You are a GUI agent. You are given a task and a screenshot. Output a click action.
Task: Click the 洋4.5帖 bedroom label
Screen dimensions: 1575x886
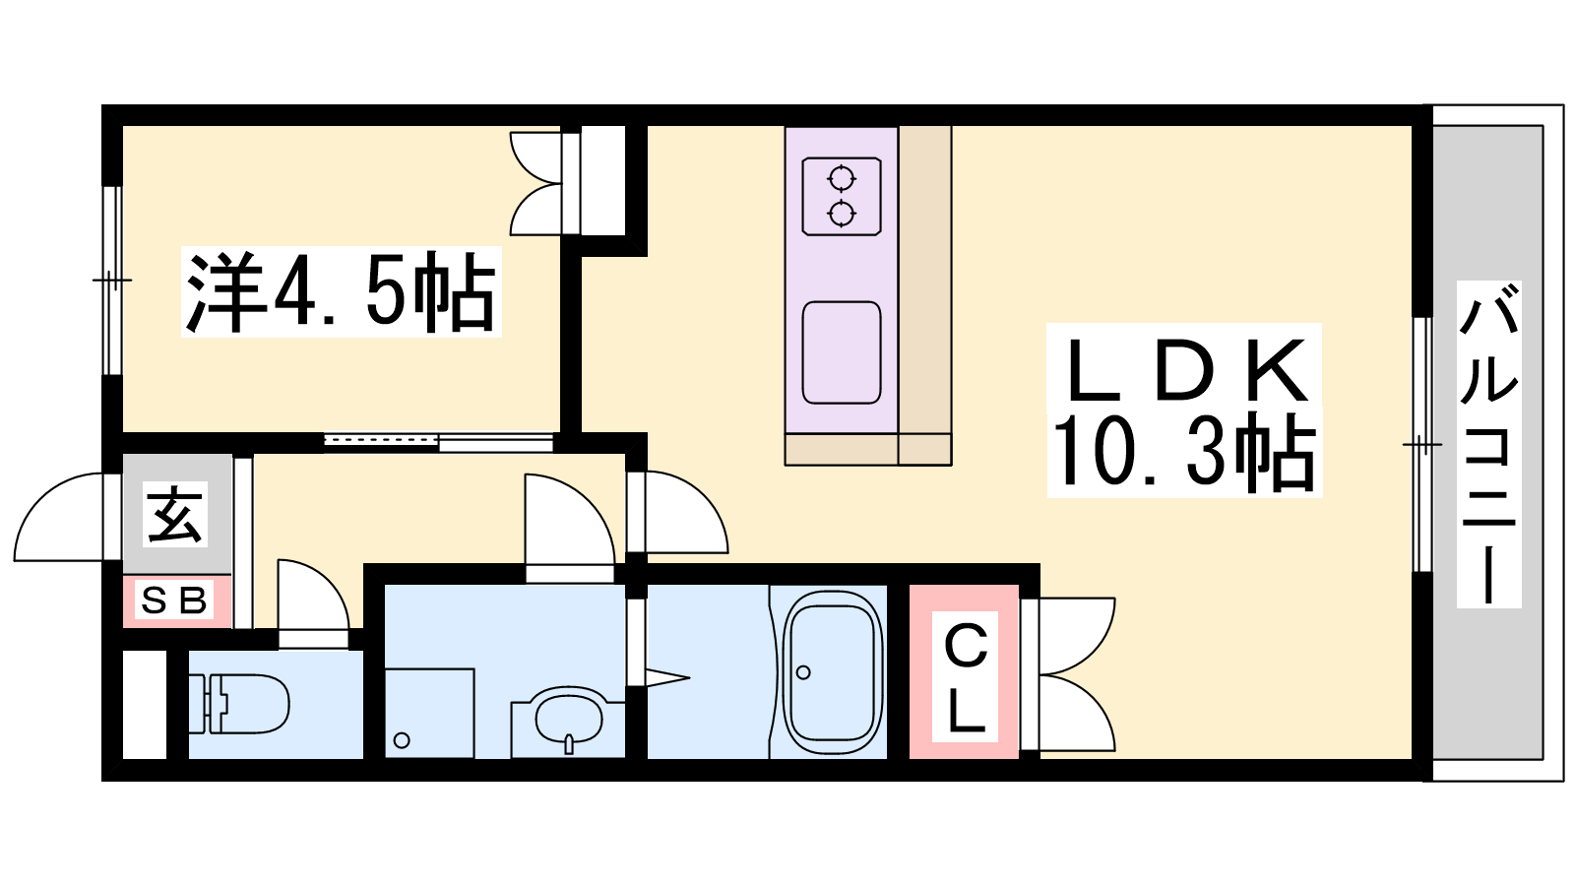pyautogui.click(x=341, y=291)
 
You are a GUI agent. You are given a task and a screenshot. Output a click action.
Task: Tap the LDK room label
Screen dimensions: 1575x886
pyautogui.click(x=1185, y=370)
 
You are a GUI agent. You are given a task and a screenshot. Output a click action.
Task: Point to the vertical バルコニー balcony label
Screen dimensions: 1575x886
pyautogui.click(x=1488, y=444)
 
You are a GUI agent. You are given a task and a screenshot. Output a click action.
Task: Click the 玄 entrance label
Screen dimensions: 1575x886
pyautogui.click(x=176, y=515)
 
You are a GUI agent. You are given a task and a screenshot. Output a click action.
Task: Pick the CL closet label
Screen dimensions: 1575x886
pyautogui.click(x=966, y=676)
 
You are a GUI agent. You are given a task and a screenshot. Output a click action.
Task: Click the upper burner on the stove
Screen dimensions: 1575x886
pyautogui.click(x=842, y=178)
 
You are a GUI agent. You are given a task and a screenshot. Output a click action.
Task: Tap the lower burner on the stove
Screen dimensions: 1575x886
pyautogui.click(x=842, y=213)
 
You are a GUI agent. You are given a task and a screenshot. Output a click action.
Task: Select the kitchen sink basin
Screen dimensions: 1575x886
pyautogui.click(x=842, y=353)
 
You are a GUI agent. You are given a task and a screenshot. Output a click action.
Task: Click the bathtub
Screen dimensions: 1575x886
pyautogui.click(x=833, y=672)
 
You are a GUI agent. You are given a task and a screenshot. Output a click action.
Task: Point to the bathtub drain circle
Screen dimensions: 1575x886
pyautogui.click(x=803, y=672)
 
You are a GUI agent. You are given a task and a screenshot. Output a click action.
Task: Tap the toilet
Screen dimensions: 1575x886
pyautogui.click(x=240, y=704)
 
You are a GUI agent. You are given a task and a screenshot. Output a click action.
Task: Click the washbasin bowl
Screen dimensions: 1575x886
pyautogui.click(x=569, y=718)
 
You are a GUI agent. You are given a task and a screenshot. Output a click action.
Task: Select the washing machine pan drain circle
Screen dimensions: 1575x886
pyautogui.click(x=403, y=740)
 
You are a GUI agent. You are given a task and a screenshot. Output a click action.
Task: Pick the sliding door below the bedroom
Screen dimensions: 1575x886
pyautogui.click(x=439, y=442)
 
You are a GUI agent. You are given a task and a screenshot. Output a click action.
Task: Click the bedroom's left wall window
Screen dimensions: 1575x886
pyautogui.click(x=112, y=281)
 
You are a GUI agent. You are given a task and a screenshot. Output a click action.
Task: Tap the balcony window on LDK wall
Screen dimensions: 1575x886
pyautogui.click(x=1422, y=444)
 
